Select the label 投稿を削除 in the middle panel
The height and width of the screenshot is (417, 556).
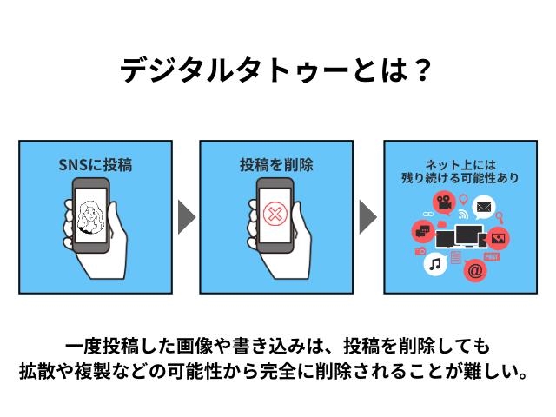click(x=276, y=163)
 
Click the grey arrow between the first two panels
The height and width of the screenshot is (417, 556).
click(x=186, y=217)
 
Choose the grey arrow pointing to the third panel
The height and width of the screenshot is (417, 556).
click(x=367, y=217)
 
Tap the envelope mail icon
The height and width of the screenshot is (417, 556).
click(x=483, y=208)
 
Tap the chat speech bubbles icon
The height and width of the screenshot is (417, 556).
click(x=423, y=230)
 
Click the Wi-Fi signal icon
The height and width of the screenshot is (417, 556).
click(x=464, y=214)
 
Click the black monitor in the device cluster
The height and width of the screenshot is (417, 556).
click(x=470, y=235)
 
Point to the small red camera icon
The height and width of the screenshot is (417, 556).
click(x=420, y=251)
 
